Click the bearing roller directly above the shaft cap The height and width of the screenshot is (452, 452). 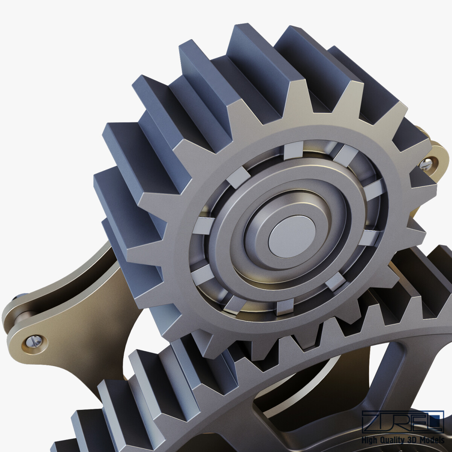(293, 151)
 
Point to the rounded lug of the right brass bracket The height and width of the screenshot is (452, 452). (433, 158)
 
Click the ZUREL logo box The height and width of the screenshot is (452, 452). (402, 421)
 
